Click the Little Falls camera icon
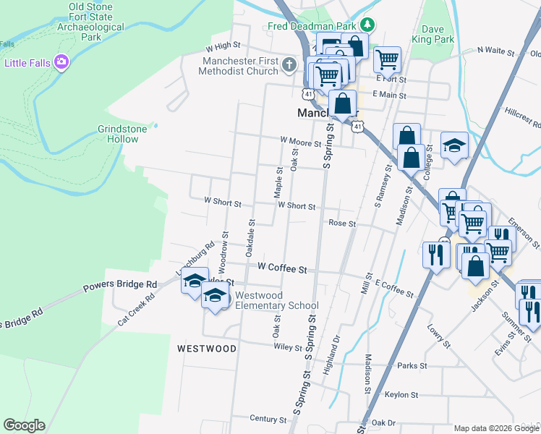[x=61, y=62]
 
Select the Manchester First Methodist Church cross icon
[x=289, y=66]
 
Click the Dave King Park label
[x=433, y=34]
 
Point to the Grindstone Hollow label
[x=122, y=134]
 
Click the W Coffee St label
[x=282, y=268]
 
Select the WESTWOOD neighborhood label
[x=207, y=349]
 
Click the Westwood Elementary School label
[x=277, y=300]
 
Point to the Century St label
[x=268, y=419]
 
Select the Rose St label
[x=342, y=224]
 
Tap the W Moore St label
[x=300, y=143]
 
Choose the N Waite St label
[x=495, y=52]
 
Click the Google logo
[x=24, y=425]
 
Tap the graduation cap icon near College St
[x=454, y=145]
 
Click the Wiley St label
[x=288, y=347]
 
